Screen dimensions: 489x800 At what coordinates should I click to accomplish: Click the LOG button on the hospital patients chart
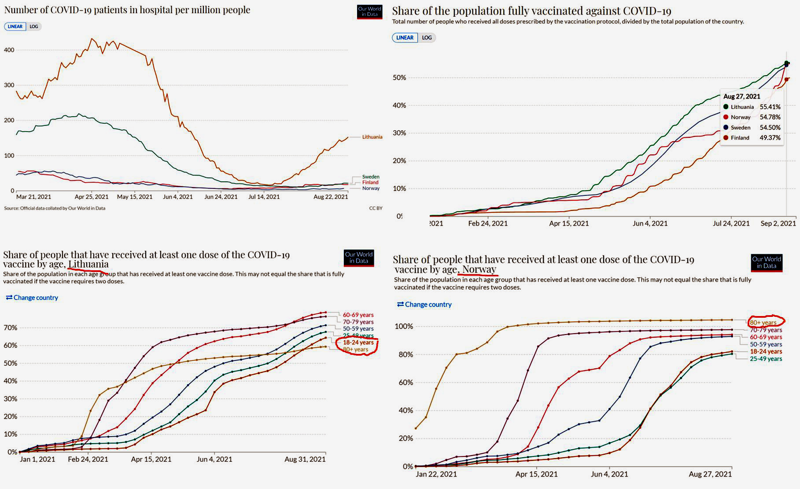(x=34, y=26)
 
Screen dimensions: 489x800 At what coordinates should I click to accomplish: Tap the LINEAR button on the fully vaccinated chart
(x=405, y=37)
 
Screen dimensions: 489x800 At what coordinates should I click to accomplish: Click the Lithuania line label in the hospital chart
(x=372, y=137)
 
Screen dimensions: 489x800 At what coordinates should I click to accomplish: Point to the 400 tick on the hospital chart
(x=9, y=50)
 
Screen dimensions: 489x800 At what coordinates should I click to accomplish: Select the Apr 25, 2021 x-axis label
(x=92, y=197)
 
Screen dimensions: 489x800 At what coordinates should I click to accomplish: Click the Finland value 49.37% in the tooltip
(x=770, y=138)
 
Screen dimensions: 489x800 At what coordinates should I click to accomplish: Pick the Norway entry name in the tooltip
(x=741, y=117)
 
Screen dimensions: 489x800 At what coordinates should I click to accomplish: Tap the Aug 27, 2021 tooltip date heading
(x=741, y=96)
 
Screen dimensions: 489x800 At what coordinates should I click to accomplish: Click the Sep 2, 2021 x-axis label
(x=778, y=223)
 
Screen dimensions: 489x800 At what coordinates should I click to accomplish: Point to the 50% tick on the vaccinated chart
(x=399, y=77)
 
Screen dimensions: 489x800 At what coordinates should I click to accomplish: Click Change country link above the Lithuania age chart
(x=32, y=298)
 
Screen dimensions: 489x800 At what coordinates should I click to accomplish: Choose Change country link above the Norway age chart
(x=424, y=304)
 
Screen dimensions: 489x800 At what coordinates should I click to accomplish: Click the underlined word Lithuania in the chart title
(x=88, y=264)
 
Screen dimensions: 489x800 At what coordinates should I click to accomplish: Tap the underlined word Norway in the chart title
(x=479, y=269)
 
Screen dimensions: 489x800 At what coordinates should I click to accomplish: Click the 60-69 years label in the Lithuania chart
(x=358, y=315)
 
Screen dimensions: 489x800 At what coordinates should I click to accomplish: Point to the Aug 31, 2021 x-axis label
(x=305, y=459)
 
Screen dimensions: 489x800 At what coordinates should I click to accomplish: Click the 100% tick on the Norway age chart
(x=404, y=326)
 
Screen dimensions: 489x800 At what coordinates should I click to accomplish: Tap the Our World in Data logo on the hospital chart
(x=369, y=11)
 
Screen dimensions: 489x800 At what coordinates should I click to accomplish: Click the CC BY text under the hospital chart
(x=376, y=208)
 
